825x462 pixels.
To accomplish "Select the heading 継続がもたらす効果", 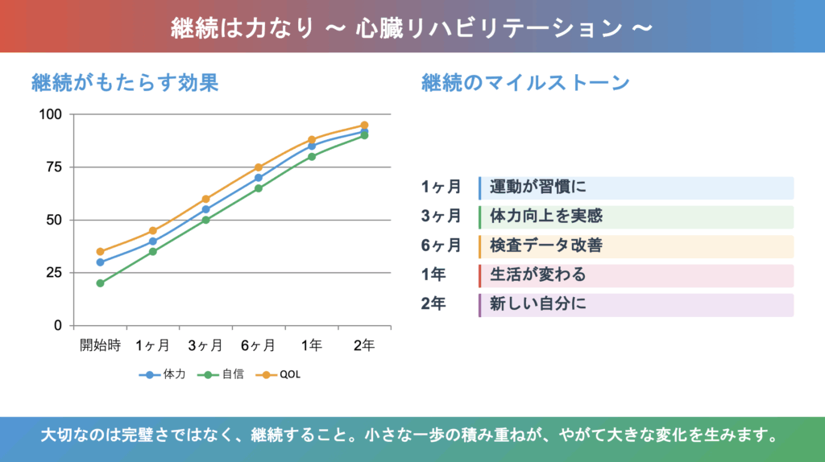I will (x=125, y=83).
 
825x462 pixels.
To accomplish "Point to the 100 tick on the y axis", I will (x=50, y=114).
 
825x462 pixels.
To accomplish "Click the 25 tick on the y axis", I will (x=54, y=273).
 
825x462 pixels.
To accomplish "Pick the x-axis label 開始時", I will (x=100, y=345).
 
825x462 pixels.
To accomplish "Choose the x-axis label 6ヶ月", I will (x=258, y=345).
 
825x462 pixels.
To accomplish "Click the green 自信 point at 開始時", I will (x=100, y=283).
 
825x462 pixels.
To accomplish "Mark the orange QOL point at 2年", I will (x=364, y=126).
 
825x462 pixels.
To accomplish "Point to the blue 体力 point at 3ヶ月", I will (x=205, y=209).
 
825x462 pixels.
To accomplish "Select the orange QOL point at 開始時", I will (x=100, y=252).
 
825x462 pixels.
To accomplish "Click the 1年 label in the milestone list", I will (x=433, y=275).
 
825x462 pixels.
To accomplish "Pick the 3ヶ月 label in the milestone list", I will (x=441, y=217).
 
